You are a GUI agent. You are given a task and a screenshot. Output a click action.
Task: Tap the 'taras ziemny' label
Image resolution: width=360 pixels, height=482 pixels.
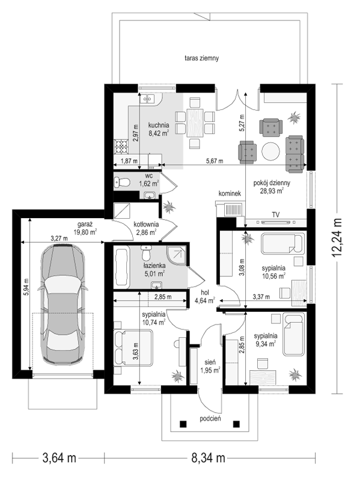[x=202, y=58]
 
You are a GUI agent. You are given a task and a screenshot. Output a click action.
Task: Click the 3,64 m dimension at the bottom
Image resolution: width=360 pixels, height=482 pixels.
[x=59, y=458]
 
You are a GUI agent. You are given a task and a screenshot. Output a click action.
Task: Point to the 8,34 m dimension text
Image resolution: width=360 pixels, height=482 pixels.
[x=209, y=458]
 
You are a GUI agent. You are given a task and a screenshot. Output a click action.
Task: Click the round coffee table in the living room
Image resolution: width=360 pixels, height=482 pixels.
[x=271, y=151]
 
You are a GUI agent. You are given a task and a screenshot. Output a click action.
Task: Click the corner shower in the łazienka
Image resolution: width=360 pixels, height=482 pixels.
[x=177, y=255]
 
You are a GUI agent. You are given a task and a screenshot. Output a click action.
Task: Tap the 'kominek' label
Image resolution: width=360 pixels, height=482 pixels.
[x=230, y=194]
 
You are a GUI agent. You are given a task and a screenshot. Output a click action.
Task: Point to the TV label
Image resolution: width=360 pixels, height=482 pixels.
[x=276, y=215]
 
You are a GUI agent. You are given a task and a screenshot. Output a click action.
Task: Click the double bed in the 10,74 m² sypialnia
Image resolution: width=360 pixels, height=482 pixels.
[x=133, y=347]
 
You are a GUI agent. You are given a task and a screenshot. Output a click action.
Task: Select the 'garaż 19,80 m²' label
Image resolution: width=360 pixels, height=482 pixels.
[x=85, y=228]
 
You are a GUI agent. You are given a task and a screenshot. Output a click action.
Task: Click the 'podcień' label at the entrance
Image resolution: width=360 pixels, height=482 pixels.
[x=210, y=418]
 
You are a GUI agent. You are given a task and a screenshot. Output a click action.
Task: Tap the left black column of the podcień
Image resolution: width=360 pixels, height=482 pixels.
[x=183, y=424]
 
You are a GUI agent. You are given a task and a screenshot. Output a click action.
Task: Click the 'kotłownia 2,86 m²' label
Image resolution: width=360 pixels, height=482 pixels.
[x=146, y=228]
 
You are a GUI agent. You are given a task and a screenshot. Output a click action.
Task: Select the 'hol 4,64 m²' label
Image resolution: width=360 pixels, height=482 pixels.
[x=205, y=297]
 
